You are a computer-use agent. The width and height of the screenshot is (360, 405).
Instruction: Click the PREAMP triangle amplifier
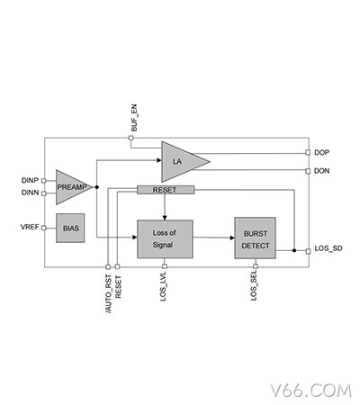(71, 187)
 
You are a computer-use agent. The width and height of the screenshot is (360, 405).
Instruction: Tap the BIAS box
(70, 228)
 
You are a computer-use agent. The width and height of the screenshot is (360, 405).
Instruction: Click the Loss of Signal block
(165, 239)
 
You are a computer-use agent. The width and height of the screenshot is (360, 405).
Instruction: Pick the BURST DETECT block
(256, 238)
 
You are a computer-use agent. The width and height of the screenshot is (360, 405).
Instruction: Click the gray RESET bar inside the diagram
(166, 190)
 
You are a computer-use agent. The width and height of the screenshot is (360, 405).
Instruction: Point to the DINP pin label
(30, 180)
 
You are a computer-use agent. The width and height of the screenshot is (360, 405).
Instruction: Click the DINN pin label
(30, 193)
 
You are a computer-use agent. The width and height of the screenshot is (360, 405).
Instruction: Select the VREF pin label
(30, 227)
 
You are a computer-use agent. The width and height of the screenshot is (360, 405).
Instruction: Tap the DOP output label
(321, 152)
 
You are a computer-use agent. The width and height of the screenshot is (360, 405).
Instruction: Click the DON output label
(321, 171)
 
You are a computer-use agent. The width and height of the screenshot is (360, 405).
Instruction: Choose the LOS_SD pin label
(328, 248)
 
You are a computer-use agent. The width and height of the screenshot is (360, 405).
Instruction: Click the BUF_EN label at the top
(134, 118)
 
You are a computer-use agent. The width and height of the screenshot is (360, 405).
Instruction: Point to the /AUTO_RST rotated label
(109, 294)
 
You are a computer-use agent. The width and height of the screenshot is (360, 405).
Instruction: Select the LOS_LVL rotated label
(163, 287)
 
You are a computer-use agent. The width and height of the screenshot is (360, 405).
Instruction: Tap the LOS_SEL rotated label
(254, 286)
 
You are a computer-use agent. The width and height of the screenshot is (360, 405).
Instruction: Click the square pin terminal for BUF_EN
(130, 138)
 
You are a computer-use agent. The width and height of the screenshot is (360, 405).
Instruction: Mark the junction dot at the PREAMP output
(96, 187)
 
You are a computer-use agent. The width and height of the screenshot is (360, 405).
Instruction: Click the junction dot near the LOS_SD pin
(294, 250)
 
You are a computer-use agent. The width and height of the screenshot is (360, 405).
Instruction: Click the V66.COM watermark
(310, 391)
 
